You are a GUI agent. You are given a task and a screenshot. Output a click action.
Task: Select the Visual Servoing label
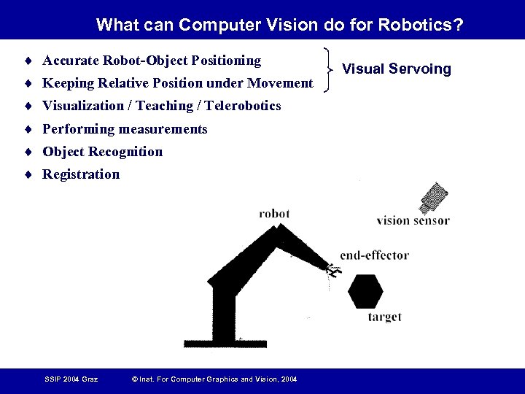pos(397,69)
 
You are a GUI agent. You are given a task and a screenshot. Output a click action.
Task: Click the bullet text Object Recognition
pos(102,152)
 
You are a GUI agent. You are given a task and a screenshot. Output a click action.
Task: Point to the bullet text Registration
pos(81,174)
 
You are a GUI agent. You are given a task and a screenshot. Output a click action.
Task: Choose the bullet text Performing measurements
pos(125,129)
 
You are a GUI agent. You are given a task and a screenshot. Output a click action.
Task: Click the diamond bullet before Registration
pos(27,174)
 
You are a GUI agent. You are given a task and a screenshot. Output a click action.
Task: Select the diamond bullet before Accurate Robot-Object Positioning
pos(27,60)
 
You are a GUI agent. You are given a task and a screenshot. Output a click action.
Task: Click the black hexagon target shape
pos(365,291)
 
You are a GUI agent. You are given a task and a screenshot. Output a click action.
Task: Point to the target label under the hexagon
pos(384,317)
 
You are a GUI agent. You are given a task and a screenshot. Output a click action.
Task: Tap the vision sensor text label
pos(413,220)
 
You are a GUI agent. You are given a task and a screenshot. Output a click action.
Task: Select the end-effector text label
pos(374,255)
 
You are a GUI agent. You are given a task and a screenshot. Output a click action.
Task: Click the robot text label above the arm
pos(274,214)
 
